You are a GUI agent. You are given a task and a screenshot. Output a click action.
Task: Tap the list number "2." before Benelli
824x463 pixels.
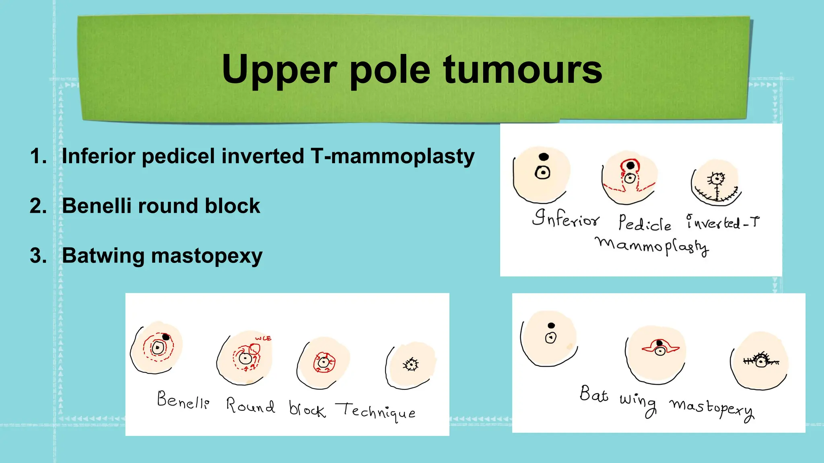pyautogui.click(x=38, y=206)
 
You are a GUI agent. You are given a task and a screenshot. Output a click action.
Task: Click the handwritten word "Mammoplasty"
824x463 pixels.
pyautogui.click(x=652, y=246)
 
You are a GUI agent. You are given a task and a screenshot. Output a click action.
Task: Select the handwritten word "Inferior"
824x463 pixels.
pyautogui.click(x=565, y=219)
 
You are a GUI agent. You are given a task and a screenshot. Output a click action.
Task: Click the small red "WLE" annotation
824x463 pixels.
pyautogui.click(x=264, y=338)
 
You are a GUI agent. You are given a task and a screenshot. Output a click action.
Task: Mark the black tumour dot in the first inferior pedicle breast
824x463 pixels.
pyautogui.click(x=544, y=157)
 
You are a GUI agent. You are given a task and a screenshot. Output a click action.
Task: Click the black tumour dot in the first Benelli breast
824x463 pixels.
pyautogui.click(x=166, y=337)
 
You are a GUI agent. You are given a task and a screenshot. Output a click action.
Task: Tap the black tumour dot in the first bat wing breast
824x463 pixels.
pyautogui.click(x=551, y=326)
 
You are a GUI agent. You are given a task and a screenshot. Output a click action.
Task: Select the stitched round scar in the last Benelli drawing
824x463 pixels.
pyautogui.click(x=411, y=365)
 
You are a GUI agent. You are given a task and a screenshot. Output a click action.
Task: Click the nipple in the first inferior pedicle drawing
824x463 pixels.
pyautogui.click(x=543, y=173)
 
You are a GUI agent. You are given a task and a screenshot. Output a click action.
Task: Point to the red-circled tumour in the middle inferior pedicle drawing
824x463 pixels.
pyautogui.click(x=630, y=166)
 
